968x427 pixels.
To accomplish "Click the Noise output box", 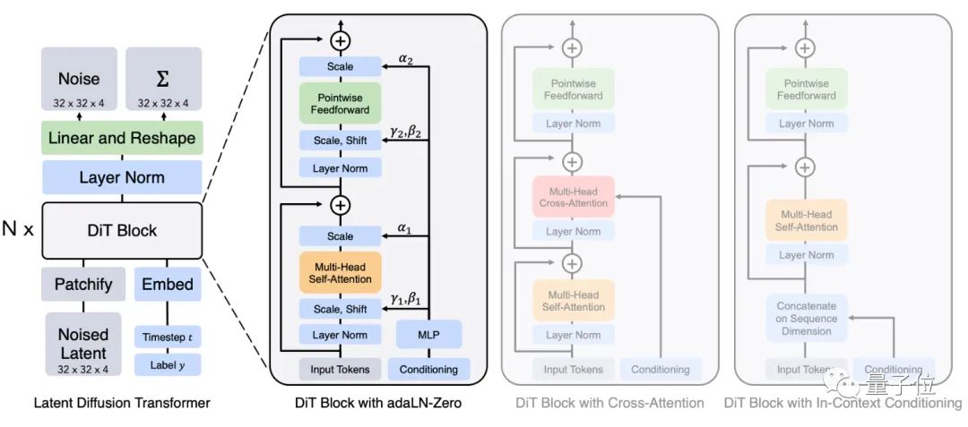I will (x=79, y=86).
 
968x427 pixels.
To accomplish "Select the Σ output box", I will (x=163, y=86).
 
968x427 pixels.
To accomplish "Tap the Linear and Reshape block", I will (x=121, y=138).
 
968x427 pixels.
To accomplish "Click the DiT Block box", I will (x=121, y=230).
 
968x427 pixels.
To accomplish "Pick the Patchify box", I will (x=82, y=284).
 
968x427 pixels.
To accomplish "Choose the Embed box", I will (x=167, y=284).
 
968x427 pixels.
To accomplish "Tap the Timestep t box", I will (x=168, y=337).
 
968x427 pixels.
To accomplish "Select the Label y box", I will (x=168, y=365).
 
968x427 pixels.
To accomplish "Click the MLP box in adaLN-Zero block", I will (x=428, y=335).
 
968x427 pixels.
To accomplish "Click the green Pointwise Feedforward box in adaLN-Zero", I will (x=340, y=103).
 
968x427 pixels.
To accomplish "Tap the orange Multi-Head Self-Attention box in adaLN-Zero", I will (x=340, y=272).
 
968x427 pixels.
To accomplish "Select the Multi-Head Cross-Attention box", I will (x=573, y=196).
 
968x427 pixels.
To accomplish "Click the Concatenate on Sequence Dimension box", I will (x=806, y=319).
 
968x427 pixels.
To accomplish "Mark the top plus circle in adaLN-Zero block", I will (x=340, y=39).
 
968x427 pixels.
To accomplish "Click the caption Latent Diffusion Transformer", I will (x=121, y=403).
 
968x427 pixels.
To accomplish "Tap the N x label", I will (x=18, y=230).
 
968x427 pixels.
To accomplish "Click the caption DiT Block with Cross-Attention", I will (x=609, y=403).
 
